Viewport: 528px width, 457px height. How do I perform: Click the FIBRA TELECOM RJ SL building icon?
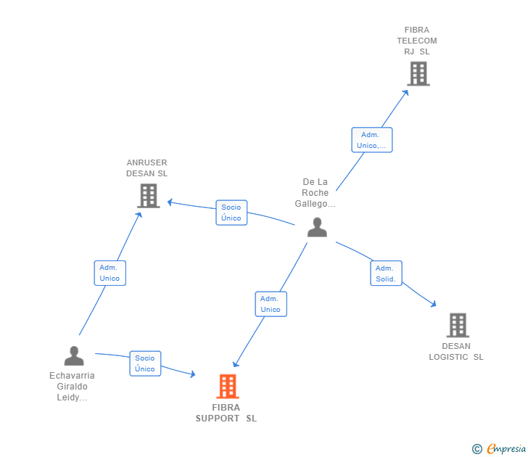(x=418, y=73)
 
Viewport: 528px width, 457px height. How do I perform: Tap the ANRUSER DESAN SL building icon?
(x=148, y=195)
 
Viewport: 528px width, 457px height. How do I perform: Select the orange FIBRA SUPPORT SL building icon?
(x=228, y=386)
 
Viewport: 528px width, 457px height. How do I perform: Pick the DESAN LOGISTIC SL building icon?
(x=458, y=325)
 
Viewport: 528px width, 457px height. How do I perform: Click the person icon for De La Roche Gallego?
(x=317, y=227)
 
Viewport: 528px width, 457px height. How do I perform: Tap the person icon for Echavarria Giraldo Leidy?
(x=74, y=355)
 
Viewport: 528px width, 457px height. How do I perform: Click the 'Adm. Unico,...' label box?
(x=372, y=140)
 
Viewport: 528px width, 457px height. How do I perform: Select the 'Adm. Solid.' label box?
(x=386, y=273)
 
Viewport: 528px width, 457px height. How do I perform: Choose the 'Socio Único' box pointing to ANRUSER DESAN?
(x=231, y=213)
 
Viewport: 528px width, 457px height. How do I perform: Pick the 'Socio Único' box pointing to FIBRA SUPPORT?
(x=145, y=363)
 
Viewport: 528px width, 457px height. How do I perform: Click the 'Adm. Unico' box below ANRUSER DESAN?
(x=110, y=273)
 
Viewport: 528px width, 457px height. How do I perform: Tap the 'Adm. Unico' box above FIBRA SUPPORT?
(x=271, y=304)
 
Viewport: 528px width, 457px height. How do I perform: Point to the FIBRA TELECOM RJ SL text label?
(x=417, y=41)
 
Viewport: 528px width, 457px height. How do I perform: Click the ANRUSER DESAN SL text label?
(x=147, y=168)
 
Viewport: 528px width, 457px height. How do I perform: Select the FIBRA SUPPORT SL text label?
(x=226, y=413)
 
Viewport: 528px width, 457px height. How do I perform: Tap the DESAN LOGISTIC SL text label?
(x=456, y=351)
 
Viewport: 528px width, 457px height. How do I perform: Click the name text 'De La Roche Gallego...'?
(x=315, y=193)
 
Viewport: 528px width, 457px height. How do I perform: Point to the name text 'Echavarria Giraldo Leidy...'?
(x=72, y=387)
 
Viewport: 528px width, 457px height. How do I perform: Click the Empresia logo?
(x=506, y=449)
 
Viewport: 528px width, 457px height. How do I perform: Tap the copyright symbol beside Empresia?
(x=477, y=450)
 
